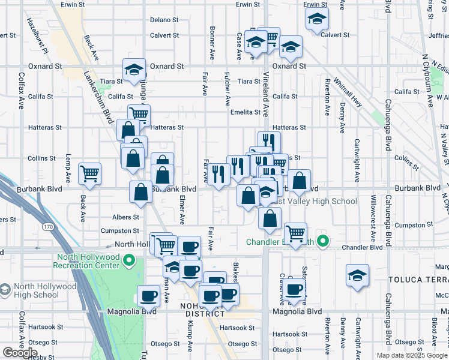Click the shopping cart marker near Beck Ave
point(90,173)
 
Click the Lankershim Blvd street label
point(98,97)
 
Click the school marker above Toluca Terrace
point(357,275)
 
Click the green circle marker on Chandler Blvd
point(323,242)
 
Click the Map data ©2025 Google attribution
point(412,355)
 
